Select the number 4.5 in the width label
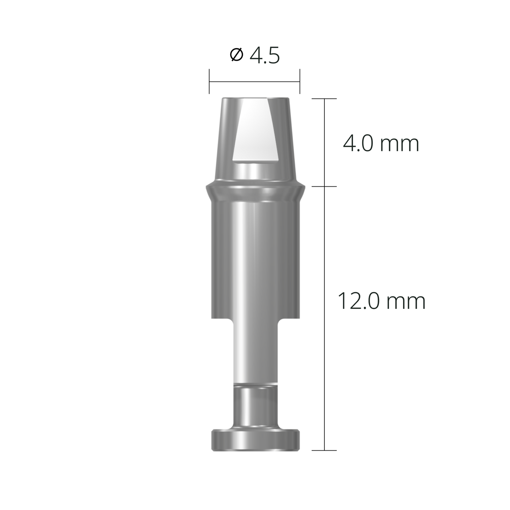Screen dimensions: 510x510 (x=264, y=56)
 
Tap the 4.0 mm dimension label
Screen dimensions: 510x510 (x=381, y=144)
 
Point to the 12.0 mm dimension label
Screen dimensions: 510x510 (x=381, y=301)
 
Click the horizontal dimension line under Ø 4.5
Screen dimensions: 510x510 (x=254, y=82)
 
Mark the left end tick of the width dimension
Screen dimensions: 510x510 (x=209, y=82)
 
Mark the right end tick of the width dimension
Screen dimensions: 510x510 (x=300, y=82)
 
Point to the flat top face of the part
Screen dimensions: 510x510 (x=255, y=98)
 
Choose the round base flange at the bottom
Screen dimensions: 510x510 (x=255, y=440)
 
